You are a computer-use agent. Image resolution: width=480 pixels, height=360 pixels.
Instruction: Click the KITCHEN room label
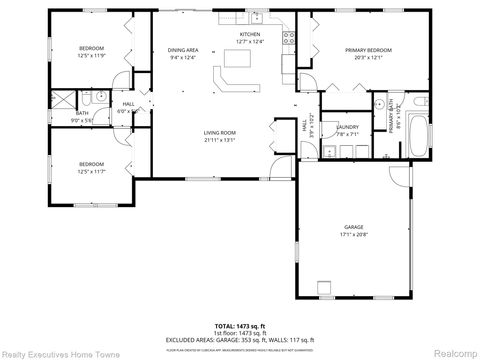click(x=250, y=34)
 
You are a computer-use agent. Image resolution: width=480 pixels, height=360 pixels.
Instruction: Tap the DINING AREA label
click(x=182, y=49)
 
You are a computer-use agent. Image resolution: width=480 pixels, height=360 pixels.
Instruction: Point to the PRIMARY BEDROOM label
click(x=368, y=49)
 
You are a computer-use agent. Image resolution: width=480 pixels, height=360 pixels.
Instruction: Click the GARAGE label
click(x=354, y=227)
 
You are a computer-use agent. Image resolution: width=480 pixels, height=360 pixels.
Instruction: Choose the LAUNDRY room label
click(x=347, y=127)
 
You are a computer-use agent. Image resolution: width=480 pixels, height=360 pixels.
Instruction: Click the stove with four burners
click(x=289, y=39)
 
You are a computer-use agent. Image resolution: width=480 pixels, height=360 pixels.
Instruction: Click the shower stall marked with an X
click(x=64, y=98)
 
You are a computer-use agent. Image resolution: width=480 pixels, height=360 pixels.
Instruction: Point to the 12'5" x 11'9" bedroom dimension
click(x=92, y=55)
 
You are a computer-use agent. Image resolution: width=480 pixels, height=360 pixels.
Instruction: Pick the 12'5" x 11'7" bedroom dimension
click(x=92, y=171)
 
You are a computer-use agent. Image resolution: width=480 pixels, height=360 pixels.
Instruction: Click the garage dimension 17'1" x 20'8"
click(x=354, y=235)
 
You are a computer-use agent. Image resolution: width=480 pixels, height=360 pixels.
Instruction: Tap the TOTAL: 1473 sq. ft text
click(x=239, y=326)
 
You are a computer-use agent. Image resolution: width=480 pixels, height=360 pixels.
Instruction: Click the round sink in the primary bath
click(x=380, y=103)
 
